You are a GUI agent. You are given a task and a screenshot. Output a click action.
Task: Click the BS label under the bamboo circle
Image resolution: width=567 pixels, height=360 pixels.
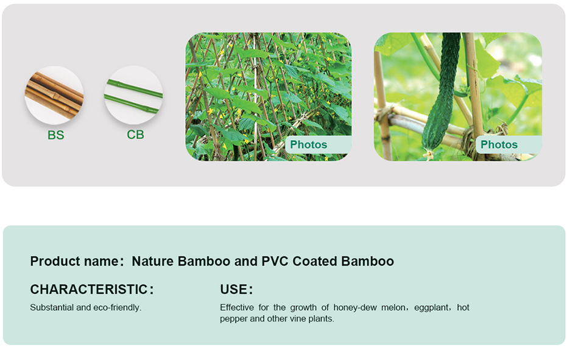55,135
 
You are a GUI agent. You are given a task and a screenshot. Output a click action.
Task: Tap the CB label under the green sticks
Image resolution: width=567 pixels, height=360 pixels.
135,135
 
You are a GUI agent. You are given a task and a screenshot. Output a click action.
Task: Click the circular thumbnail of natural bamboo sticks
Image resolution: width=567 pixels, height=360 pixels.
54,95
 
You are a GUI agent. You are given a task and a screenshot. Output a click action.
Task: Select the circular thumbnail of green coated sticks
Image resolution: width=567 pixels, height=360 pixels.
133,95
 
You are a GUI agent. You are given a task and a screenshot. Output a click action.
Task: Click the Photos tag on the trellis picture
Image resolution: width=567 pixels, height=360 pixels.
308,145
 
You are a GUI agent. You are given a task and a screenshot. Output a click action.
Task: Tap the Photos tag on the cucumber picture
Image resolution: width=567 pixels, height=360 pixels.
499,145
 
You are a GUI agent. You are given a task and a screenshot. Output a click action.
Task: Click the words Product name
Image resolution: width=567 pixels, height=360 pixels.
74,261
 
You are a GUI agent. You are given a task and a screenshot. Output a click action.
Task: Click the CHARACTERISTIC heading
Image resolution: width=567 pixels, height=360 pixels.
89,289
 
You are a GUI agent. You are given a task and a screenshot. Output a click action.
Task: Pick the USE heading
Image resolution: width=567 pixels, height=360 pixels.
234,289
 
